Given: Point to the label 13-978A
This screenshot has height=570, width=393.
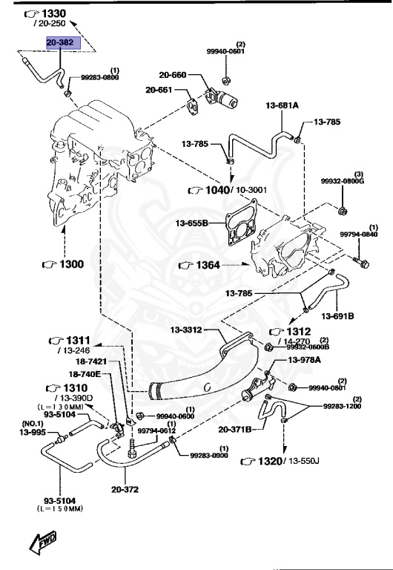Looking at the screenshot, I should pyautogui.click(x=304, y=361).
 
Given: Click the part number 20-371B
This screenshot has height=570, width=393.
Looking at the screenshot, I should pyautogui.click(x=236, y=429).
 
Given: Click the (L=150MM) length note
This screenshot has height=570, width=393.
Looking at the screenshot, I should pyautogui.click(x=59, y=508).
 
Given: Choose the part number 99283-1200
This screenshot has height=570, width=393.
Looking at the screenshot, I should pyautogui.click(x=343, y=407).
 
